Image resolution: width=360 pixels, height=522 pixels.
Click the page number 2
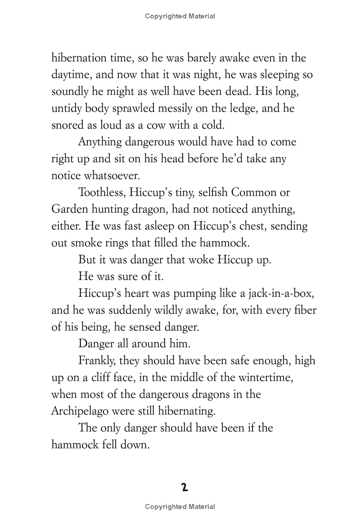[x=184, y=487]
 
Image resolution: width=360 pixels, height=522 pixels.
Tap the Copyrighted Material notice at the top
[x=180, y=16]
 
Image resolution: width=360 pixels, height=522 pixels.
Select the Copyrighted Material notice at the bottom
[x=180, y=507]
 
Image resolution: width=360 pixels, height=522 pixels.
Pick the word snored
[x=66, y=125]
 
